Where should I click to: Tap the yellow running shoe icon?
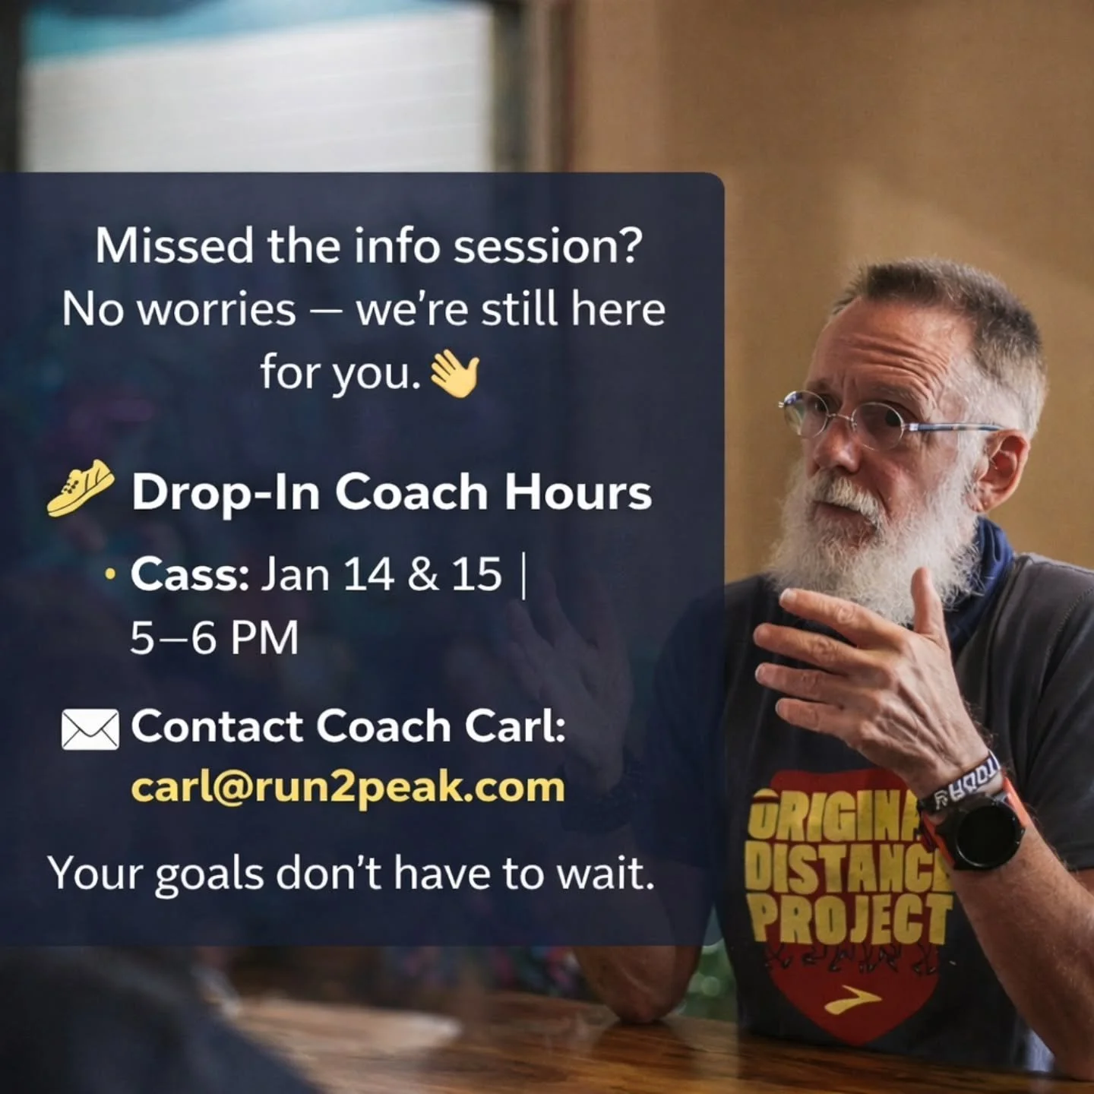81,489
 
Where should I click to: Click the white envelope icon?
90,729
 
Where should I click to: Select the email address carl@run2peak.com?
348,787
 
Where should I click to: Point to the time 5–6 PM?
214,638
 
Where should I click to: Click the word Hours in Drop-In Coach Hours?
578,492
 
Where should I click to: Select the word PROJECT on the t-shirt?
851,918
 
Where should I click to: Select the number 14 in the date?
368,574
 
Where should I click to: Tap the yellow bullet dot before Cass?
111,575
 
